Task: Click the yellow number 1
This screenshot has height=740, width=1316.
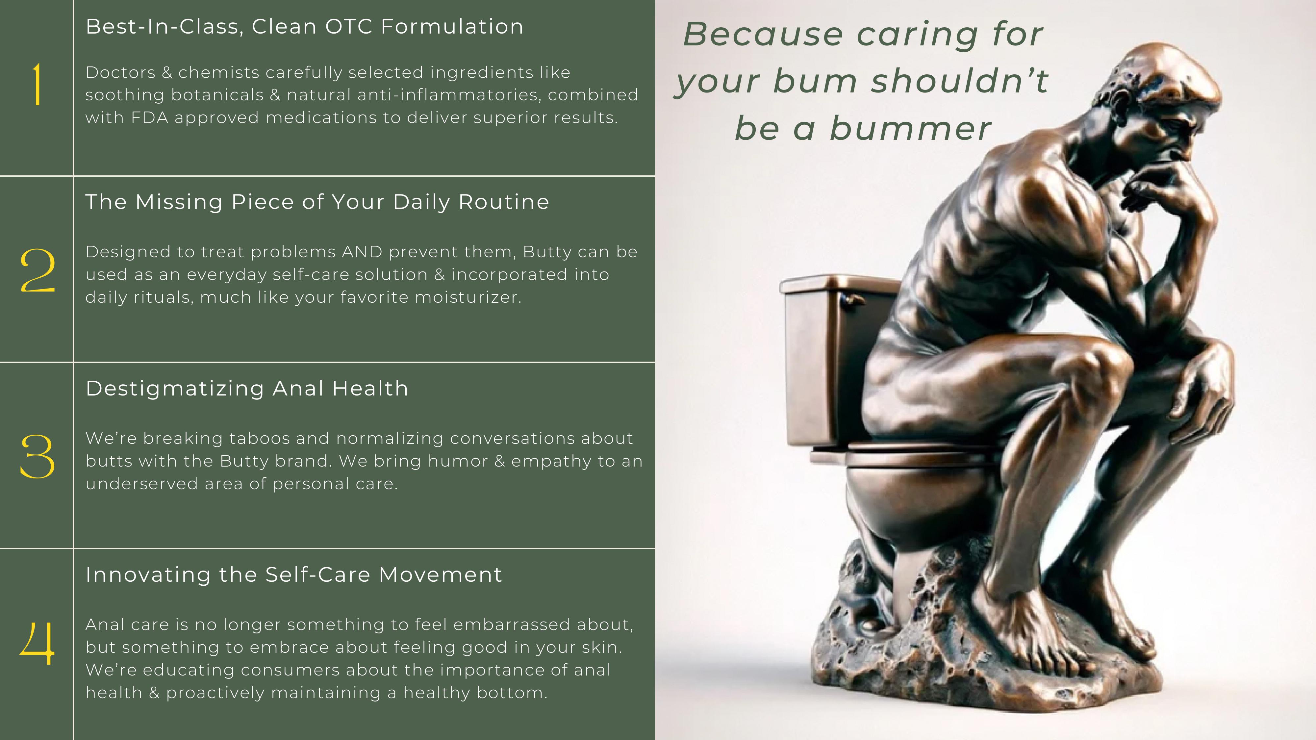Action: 37,84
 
